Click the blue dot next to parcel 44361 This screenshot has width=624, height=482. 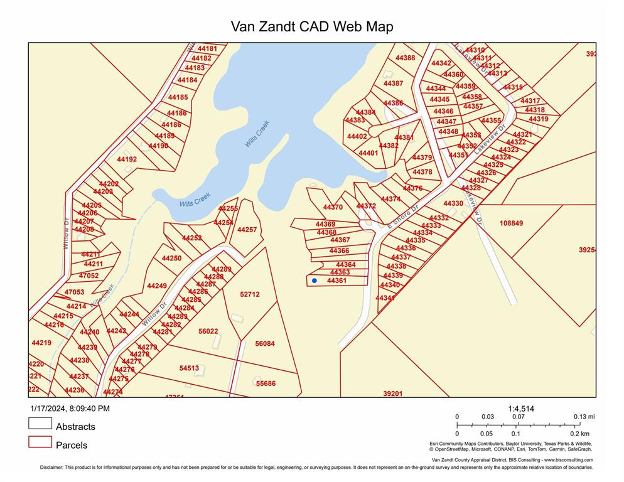pyautogui.click(x=315, y=281)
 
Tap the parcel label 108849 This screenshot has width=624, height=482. pyautogui.click(x=511, y=223)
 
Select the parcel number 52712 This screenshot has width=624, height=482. pyautogui.click(x=249, y=294)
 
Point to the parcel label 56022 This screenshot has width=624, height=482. pyautogui.click(x=208, y=331)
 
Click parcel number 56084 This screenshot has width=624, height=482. pyautogui.click(x=265, y=343)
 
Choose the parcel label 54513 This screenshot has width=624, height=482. pyautogui.click(x=189, y=368)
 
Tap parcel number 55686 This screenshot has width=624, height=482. pyautogui.click(x=265, y=383)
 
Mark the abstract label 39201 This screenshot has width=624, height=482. pyautogui.click(x=392, y=394)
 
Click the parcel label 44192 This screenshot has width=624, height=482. pyautogui.click(x=127, y=159)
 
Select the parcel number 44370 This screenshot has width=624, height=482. pyautogui.click(x=333, y=207)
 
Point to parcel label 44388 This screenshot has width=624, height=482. pyautogui.click(x=405, y=58)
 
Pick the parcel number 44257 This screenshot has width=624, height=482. pyautogui.click(x=247, y=230)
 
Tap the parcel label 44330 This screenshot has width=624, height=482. pyautogui.click(x=453, y=203)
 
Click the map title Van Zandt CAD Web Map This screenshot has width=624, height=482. pyautogui.click(x=312, y=26)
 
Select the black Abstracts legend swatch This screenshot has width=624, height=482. pyautogui.click(x=40, y=424)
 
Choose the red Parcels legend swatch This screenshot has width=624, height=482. pyautogui.click(x=40, y=442)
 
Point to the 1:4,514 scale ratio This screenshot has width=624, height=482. pyautogui.click(x=520, y=409)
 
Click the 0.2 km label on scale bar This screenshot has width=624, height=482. pyautogui.click(x=581, y=434)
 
